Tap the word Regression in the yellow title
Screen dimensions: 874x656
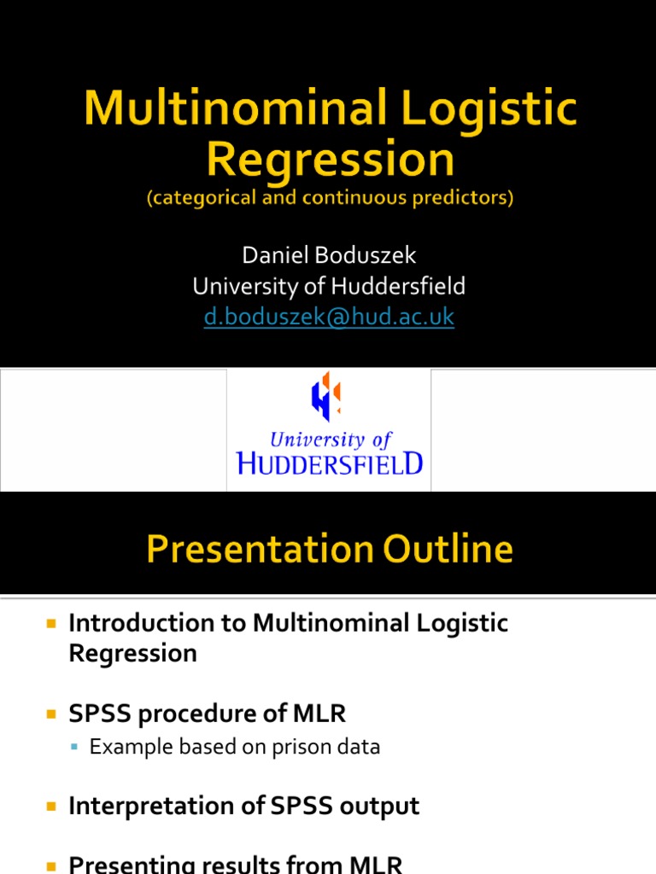pyautogui.click(x=330, y=160)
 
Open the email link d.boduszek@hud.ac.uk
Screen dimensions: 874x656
pyautogui.click(x=329, y=317)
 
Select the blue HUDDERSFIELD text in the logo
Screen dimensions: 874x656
pyautogui.click(x=329, y=463)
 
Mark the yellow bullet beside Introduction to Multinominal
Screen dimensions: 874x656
pyautogui.click(x=50, y=624)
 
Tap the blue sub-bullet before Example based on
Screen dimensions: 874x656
pyautogui.click(x=74, y=748)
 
